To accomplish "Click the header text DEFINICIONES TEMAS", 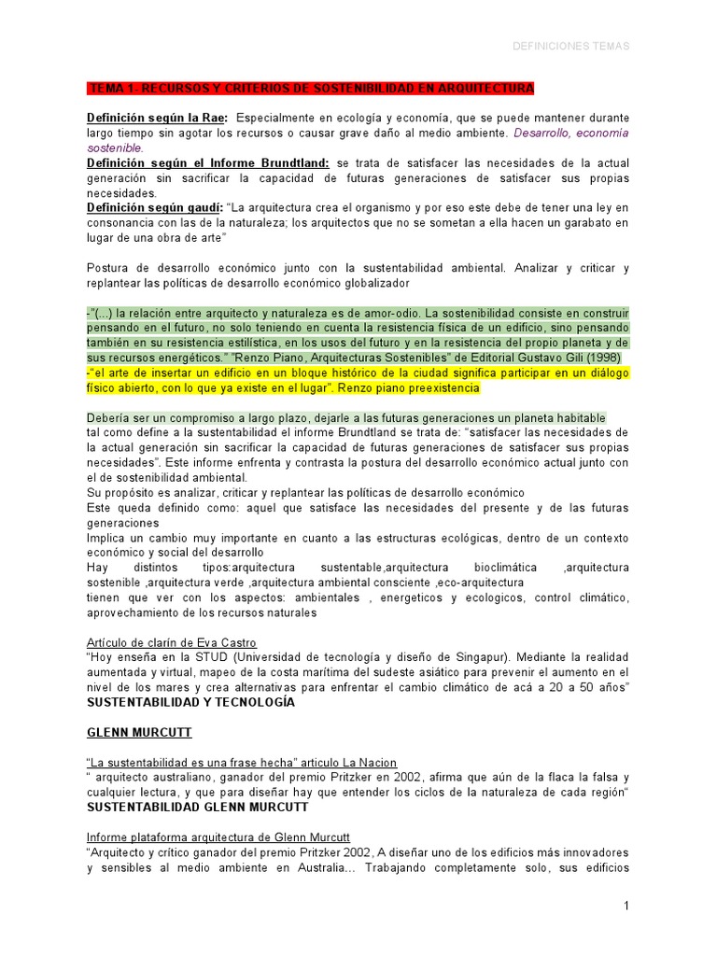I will (571, 46).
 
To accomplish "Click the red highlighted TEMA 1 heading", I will (311, 89).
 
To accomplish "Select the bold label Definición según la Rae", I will (157, 119).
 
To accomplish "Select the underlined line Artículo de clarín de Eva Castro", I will (172, 643).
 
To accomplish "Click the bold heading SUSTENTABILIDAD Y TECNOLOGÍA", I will (190, 702).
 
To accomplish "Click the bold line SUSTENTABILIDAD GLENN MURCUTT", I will (197, 807).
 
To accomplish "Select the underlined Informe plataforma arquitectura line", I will (218, 837).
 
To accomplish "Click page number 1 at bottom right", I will (626, 907).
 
